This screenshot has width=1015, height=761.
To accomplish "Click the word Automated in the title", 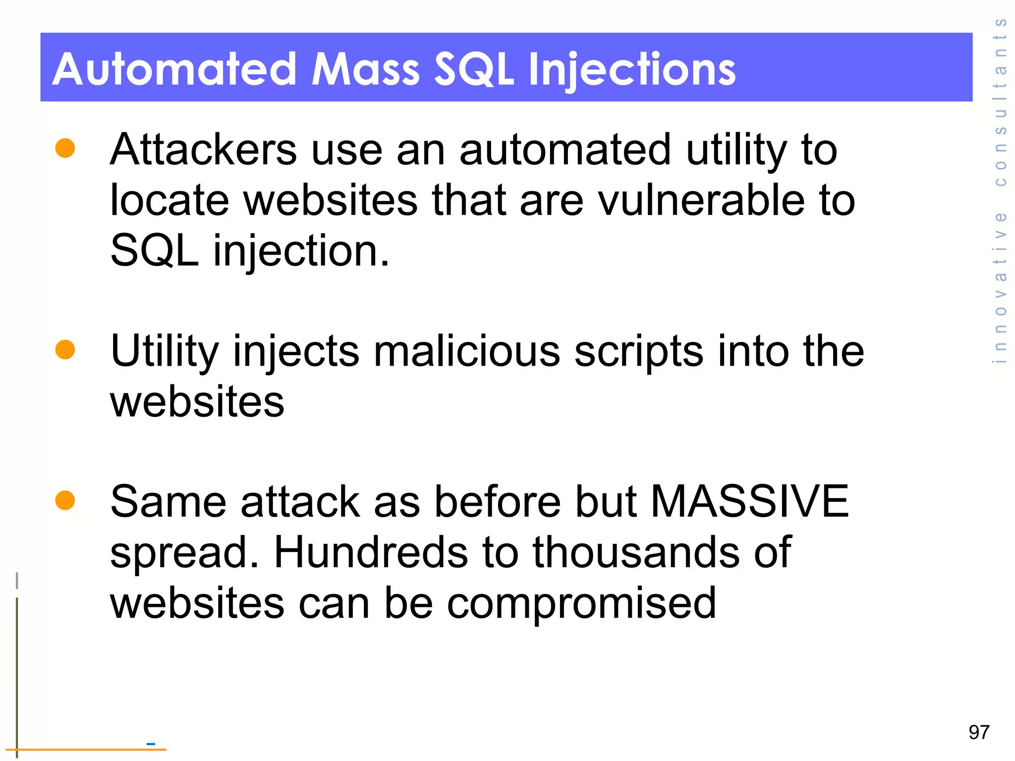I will (x=173, y=69).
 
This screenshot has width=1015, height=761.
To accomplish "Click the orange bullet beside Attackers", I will (x=65, y=148).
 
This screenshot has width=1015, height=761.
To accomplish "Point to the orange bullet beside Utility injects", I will (x=65, y=349).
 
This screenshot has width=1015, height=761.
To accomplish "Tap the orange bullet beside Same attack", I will (x=65, y=500).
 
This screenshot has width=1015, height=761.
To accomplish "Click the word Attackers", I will (x=203, y=150).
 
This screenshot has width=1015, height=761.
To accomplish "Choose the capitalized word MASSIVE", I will (x=749, y=501).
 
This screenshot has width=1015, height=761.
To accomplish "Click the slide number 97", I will (x=979, y=732).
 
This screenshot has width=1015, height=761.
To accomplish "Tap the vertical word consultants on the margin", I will (x=1001, y=102).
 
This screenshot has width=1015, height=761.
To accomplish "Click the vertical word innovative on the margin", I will (x=1001, y=287).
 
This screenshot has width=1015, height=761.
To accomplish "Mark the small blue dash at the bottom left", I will (x=151, y=743).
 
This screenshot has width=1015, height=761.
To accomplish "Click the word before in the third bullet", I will (x=498, y=501).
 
